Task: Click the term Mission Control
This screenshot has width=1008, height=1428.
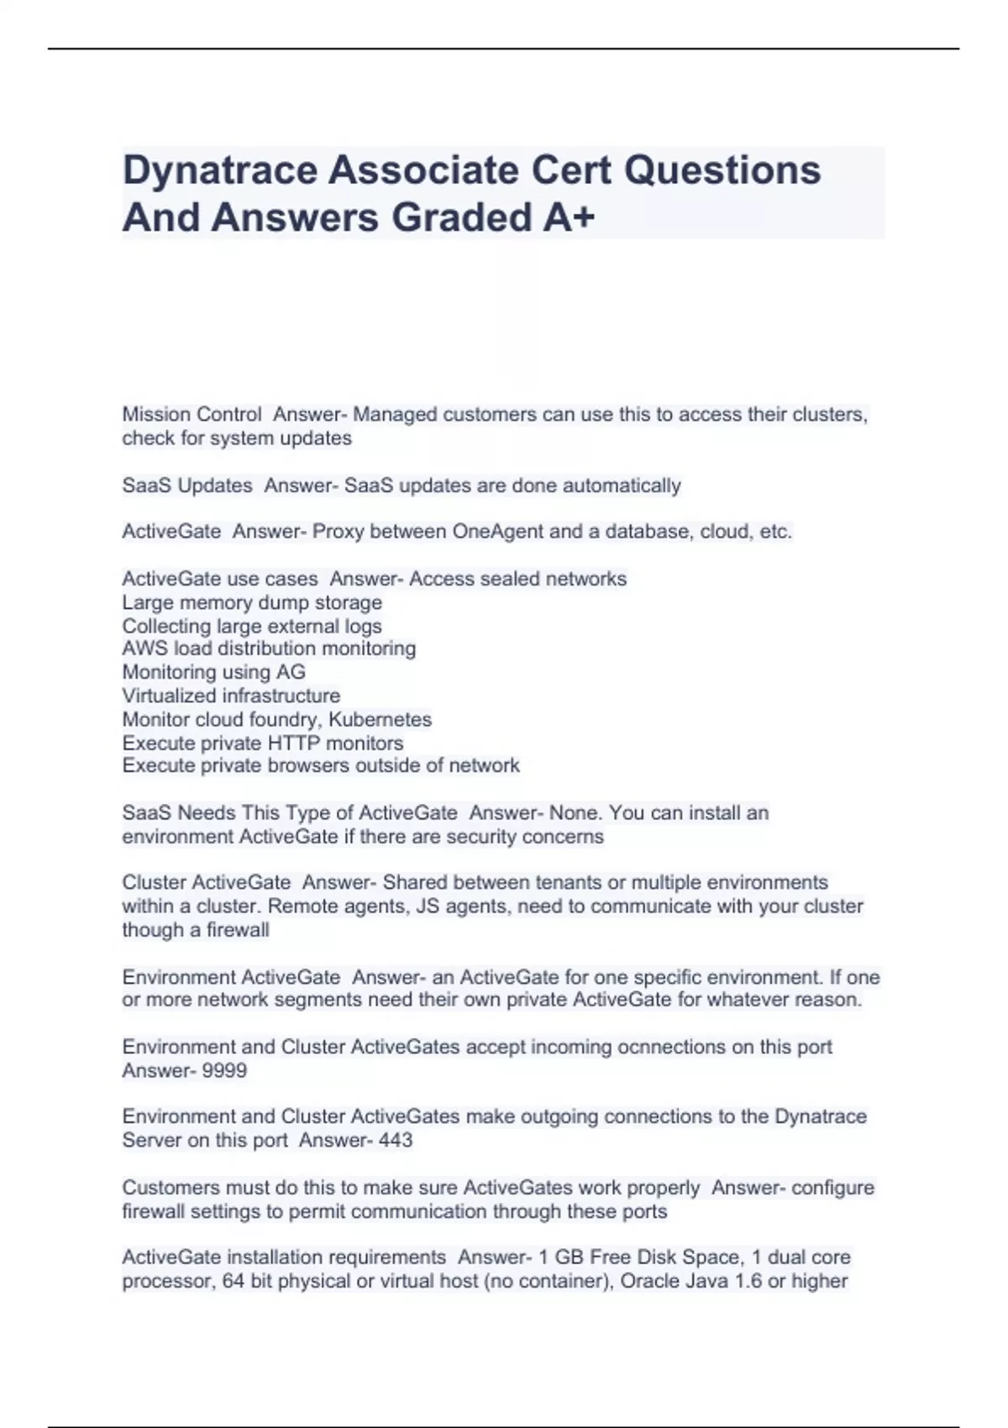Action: coord(192,414)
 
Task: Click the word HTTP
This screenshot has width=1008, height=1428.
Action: coord(293,743)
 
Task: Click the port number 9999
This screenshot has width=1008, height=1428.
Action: coord(225,1071)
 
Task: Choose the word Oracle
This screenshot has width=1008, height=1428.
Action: coord(648,1281)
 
